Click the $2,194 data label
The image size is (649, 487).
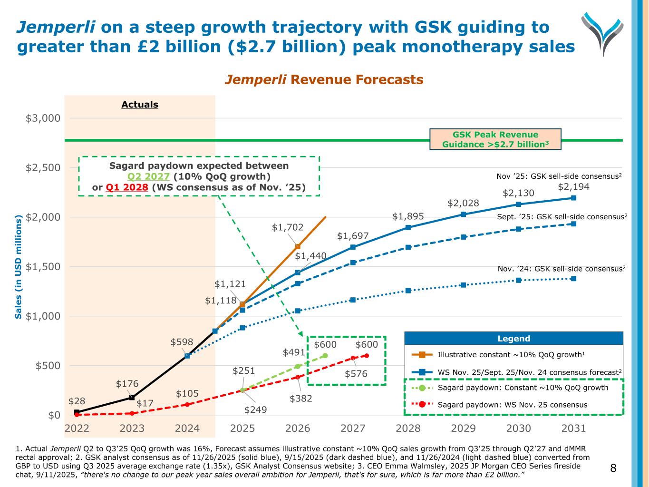pos(573,187)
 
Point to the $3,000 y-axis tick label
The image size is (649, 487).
pos(43,118)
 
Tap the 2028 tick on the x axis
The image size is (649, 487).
pos(408,428)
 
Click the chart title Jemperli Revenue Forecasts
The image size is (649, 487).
pos(324,79)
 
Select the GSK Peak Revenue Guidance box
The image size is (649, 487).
pos(495,139)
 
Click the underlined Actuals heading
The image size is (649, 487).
pos(140,105)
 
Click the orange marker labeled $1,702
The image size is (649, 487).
pos(298,246)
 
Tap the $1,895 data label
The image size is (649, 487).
pos(408,217)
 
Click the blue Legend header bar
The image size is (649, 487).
pos(513,339)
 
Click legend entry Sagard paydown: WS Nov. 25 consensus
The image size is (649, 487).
pos(512,405)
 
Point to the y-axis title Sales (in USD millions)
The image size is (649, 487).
pos(19,266)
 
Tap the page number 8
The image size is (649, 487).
pos(613,468)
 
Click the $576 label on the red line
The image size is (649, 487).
pos(356,374)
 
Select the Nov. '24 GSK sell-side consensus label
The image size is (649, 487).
pos(562,269)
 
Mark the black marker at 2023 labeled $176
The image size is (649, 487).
pos(132,398)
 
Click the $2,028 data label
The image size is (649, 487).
pos(463,204)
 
